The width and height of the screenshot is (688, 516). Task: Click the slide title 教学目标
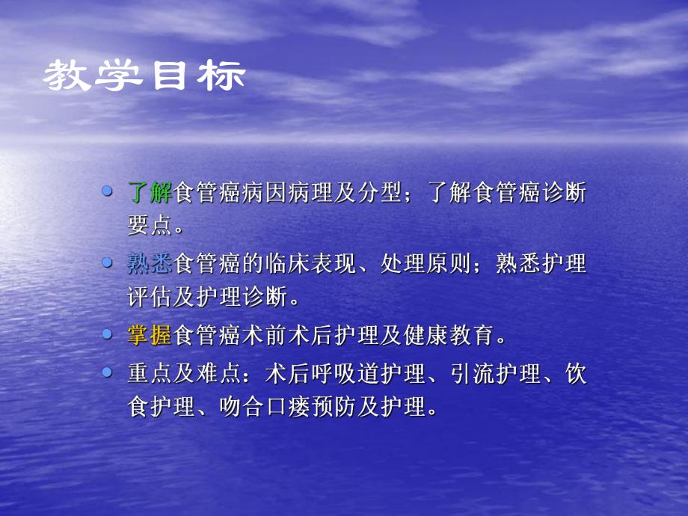pos(144,76)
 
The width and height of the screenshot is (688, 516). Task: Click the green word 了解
pos(150,192)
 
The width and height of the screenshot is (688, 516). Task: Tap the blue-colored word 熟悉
pos(150,264)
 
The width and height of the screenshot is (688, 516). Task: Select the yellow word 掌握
pos(150,336)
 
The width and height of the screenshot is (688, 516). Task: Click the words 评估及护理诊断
pos(206,298)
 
